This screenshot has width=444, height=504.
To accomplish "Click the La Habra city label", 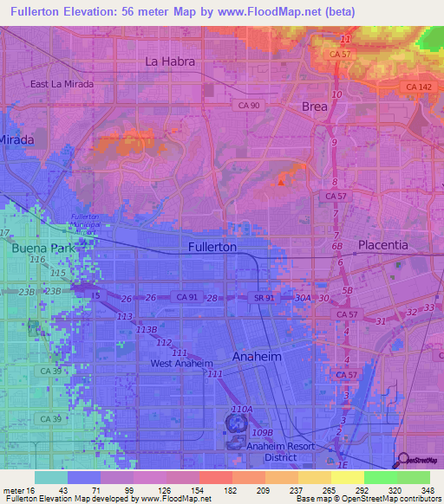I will coord(170,61).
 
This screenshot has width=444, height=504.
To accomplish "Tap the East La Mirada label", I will coord(61,84).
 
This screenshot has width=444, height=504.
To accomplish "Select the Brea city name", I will coord(315,106).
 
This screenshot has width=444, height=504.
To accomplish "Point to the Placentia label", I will coord(382,245).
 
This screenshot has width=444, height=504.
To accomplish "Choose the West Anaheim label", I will coord(182,363).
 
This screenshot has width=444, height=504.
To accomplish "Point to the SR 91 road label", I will coord(264,298).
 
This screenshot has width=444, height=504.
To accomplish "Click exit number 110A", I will coord(242,409).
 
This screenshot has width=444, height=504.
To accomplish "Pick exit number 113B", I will coord(146,330).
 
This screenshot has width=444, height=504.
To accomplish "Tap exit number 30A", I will coord(302,298).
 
